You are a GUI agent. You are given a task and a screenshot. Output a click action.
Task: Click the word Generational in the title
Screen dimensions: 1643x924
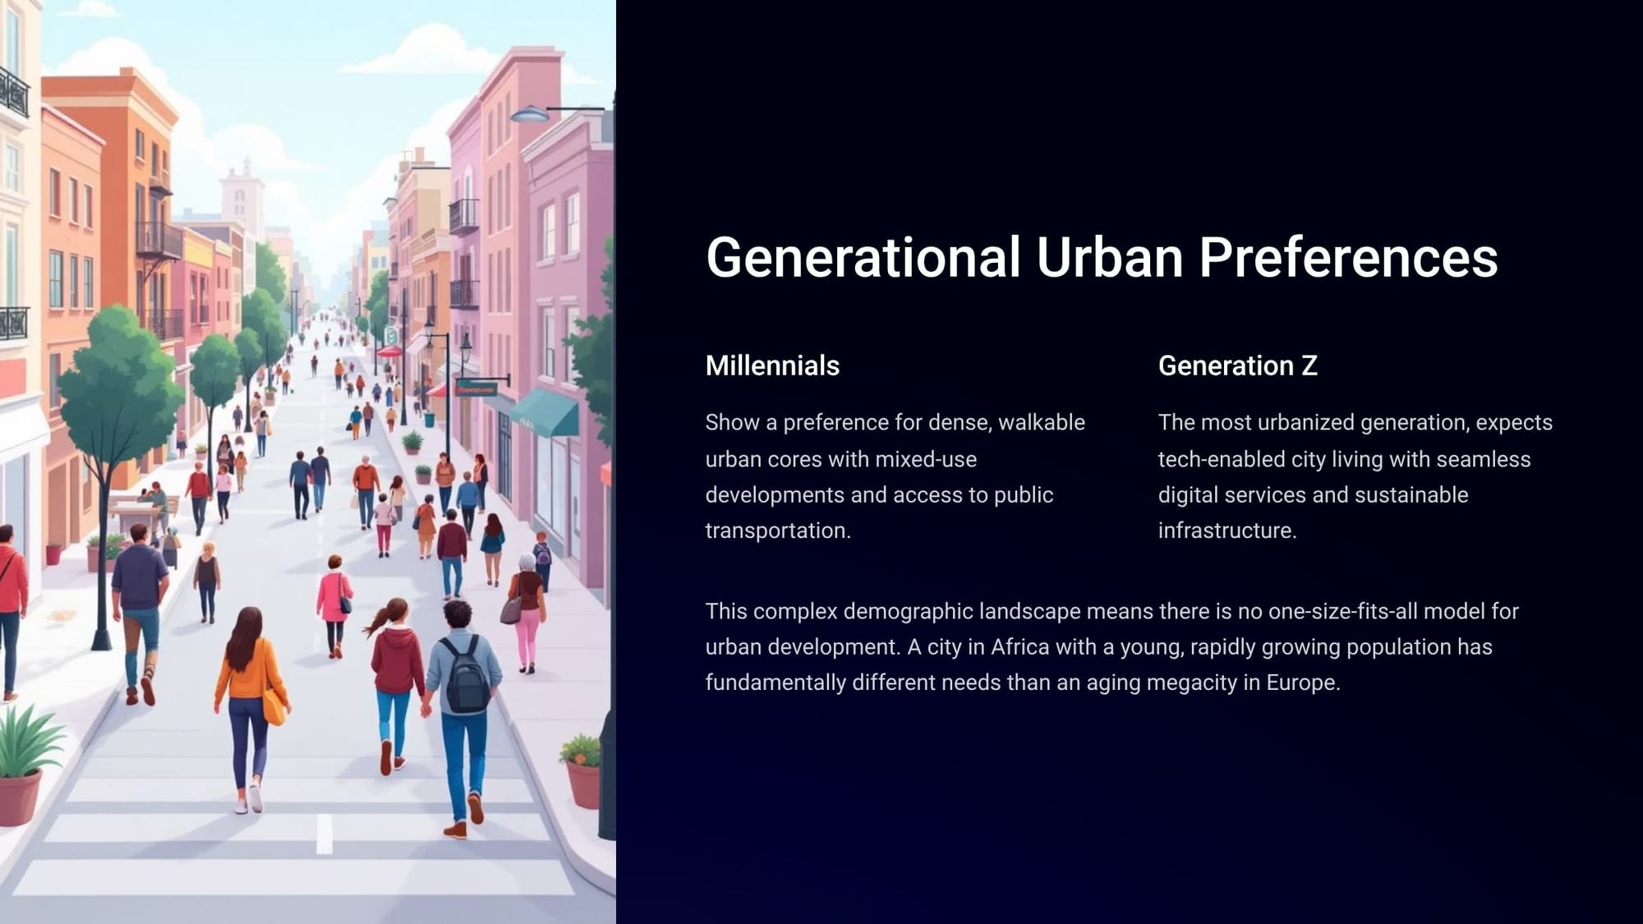[x=863, y=257]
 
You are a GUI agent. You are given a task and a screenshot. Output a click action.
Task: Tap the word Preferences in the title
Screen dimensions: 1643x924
[x=1348, y=257]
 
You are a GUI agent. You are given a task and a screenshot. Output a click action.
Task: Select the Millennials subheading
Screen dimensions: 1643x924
[x=772, y=365]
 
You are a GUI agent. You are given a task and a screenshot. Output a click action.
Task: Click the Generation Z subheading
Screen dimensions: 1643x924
[x=1238, y=365]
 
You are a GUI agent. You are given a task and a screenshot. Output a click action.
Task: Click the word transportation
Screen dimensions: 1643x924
[x=778, y=531]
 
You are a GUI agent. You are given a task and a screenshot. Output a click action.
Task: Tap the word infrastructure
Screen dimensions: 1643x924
[x=1227, y=531]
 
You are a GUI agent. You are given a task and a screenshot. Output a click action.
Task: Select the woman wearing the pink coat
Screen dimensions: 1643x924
[x=335, y=606]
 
